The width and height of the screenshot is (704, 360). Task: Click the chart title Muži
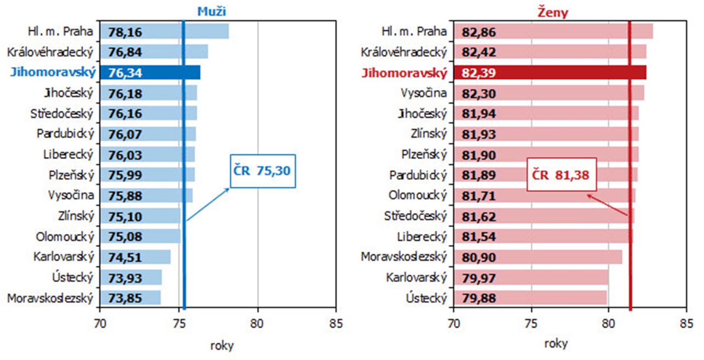pos(212,11)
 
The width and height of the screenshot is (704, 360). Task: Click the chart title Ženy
pos(553,12)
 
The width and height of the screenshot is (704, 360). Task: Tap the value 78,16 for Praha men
pos(125,32)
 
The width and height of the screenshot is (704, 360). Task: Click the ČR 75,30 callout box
pos(263,171)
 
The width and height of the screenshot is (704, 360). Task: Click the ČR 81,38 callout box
pos(561,175)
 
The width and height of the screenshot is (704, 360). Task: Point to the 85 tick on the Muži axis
pos(335,324)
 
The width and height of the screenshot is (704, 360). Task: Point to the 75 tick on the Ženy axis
pos(531,324)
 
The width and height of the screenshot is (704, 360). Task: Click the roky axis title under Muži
pos(221,345)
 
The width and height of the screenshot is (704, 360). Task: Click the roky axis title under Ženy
pos(555,344)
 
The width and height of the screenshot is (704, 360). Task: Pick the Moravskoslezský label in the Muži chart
pos(50,298)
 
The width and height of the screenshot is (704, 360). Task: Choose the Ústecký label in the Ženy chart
pos(426,298)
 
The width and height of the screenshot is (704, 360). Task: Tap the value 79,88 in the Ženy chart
pos(478,298)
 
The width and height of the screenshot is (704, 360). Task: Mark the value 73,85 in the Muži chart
pos(125,298)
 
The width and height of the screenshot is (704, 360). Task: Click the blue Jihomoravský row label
pos(53,72)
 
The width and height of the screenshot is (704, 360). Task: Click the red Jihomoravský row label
pos(404,73)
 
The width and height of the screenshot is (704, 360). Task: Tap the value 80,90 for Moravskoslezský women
pos(478,257)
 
